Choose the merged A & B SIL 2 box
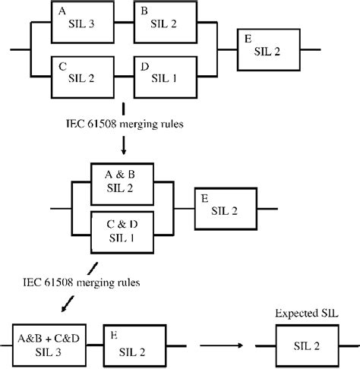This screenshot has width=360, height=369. (122, 182)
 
